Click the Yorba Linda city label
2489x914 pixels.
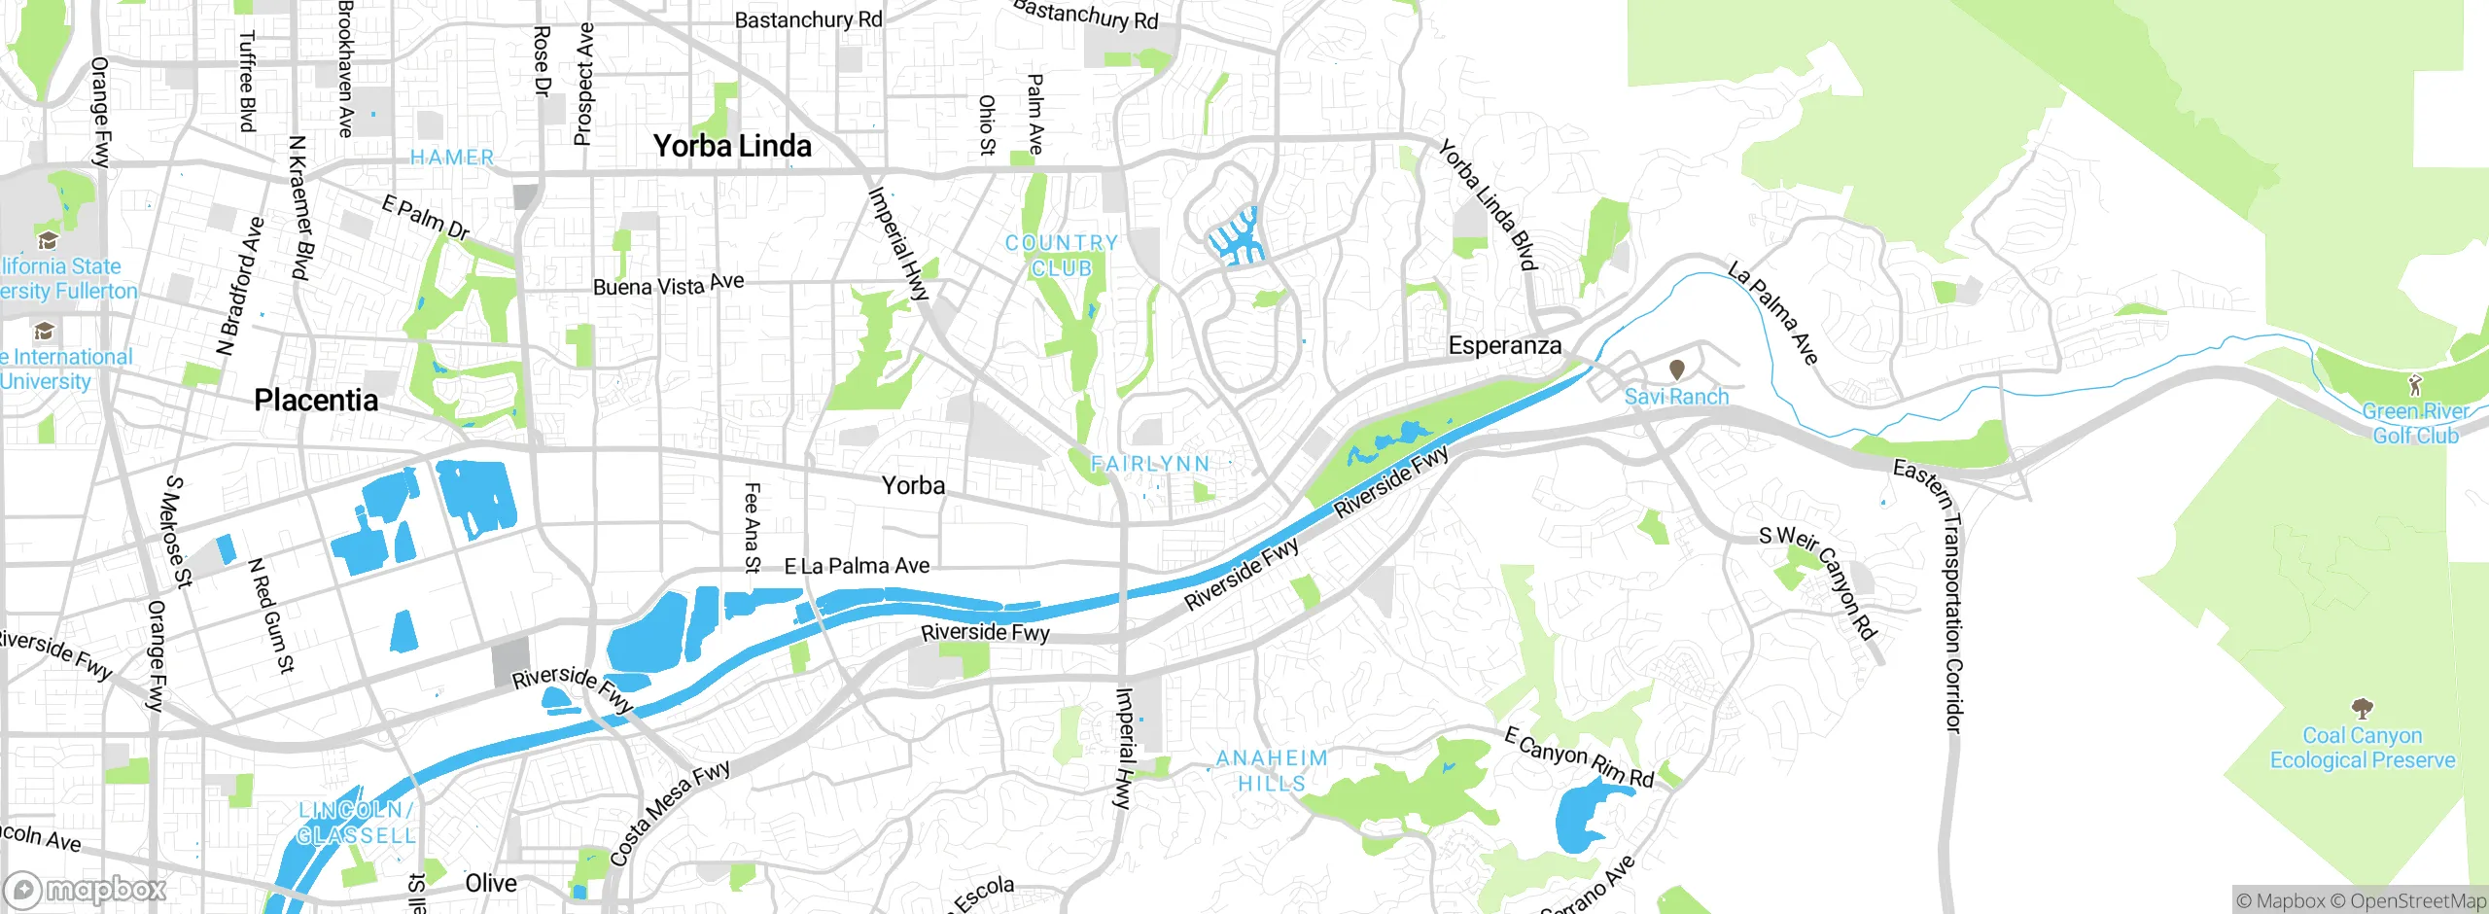click(x=732, y=146)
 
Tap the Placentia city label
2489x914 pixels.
click(x=316, y=400)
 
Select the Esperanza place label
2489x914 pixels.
click(x=1504, y=345)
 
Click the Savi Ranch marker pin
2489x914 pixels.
click(x=1677, y=369)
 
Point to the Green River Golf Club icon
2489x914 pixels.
click(x=2415, y=384)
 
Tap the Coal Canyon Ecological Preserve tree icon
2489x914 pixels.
click(x=2362, y=708)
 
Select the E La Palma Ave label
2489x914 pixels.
click(x=857, y=566)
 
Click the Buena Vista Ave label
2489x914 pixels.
click(x=668, y=285)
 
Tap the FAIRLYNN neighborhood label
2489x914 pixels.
click(x=1150, y=464)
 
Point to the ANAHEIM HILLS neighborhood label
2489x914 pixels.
click(x=1272, y=770)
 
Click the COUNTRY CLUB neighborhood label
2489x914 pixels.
click(x=1062, y=255)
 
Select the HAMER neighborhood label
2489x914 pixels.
click(x=452, y=158)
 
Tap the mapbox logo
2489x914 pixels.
click(x=86, y=890)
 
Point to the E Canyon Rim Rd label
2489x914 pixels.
click(x=1579, y=756)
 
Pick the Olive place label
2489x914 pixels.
click(x=491, y=883)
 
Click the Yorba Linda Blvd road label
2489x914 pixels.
click(x=1487, y=205)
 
